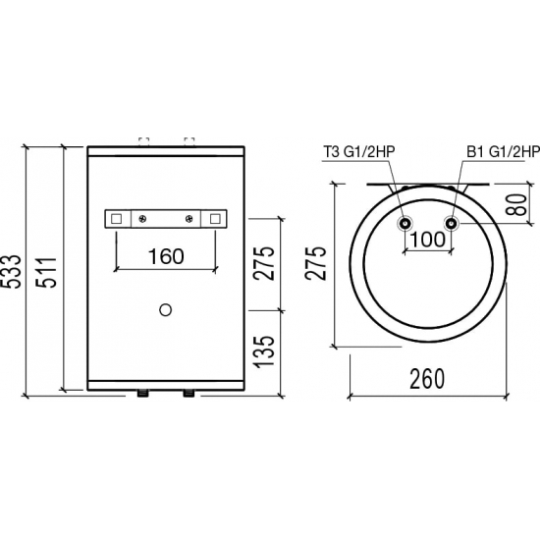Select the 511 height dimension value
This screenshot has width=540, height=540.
click(46, 272)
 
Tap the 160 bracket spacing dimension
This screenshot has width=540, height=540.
click(166, 256)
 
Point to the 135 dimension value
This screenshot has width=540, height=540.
click(265, 351)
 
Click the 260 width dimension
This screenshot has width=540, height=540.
click(427, 379)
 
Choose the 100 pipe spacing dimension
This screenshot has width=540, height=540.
click(428, 240)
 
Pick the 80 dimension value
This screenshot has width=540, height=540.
click(517, 204)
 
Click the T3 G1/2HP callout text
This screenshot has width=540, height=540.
click(358, 151)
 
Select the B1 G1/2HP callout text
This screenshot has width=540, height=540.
click(503, 151)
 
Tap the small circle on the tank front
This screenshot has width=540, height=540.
click(166, 310)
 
